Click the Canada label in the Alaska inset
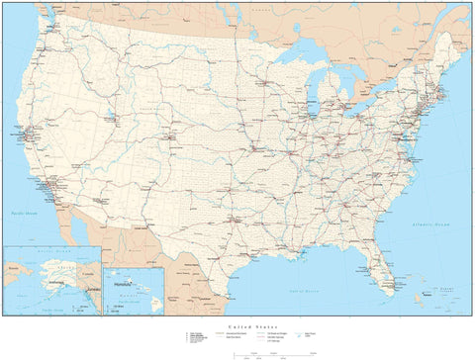tap(92, 259)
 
